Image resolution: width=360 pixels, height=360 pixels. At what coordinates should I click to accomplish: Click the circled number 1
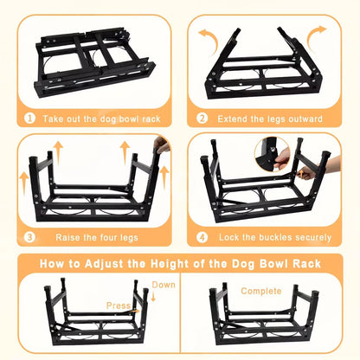click(29, 119)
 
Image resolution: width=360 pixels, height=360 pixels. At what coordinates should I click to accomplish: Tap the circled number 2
click(202, 119)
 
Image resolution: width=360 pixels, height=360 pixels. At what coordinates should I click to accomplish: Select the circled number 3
click(29, 237)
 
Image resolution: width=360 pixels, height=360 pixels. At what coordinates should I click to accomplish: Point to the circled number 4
click(202, 237)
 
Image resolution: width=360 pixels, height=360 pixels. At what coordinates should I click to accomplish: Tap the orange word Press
click(119, 305)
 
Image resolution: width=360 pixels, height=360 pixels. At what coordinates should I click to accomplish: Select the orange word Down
click(164, 285)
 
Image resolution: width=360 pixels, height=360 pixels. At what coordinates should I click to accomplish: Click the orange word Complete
click(261, 291)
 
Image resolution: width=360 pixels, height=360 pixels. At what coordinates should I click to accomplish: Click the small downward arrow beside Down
click(153, 297)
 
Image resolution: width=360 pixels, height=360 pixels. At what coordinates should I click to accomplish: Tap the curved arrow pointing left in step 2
click(209, 41)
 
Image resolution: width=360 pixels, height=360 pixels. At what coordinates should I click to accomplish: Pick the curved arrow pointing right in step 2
click(316, 38)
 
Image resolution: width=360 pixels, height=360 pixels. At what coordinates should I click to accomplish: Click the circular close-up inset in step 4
click(273, 154)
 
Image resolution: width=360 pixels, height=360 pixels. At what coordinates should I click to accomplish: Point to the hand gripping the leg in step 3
click(161, 145)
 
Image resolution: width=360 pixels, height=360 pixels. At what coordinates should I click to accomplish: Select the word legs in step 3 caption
click(129, 238)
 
